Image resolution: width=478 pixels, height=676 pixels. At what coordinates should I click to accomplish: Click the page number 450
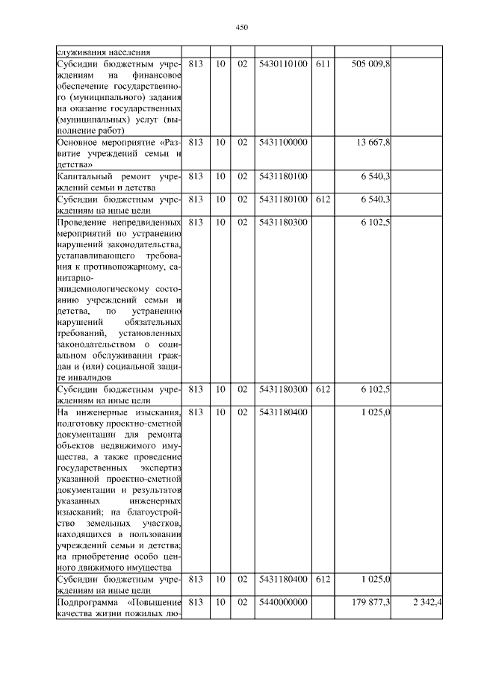241,27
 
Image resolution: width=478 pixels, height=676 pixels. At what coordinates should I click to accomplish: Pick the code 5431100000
282,142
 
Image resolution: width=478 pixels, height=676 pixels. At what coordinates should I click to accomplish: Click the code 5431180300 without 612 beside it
282,222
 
